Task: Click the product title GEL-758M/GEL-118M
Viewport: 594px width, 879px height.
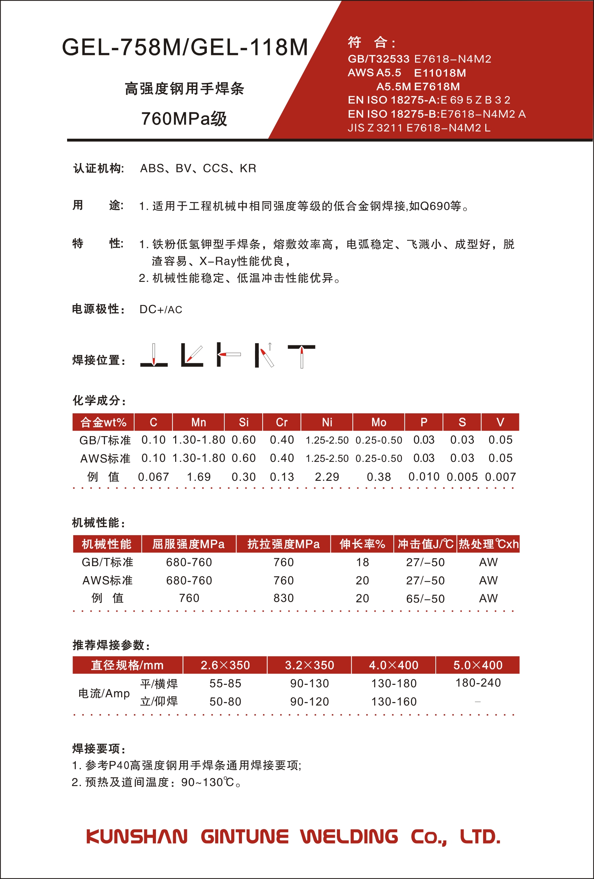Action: pyautogui.click(x=185, y=47)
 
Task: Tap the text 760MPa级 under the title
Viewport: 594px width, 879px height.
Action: pyautogui.click(x=184, y=119)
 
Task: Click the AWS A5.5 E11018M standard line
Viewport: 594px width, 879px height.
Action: pyautogui.click(x=407, y=73)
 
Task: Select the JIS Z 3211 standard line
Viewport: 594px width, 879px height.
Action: pyautogui.click(x=419, y=128)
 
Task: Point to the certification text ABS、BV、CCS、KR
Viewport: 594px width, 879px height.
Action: pyautogui.click(x=198, y=168)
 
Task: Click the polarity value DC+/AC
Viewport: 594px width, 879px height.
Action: pyautogui.click(x=161, y=309)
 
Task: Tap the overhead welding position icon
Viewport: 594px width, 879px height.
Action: pyautogui.click(x=301, y=356)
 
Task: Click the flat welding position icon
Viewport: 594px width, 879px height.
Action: pyautogui.click(x=154, y=356)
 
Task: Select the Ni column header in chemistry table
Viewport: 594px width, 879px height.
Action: pyautogui.click(x=327, y=422)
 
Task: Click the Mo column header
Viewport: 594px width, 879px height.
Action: pyautogui.click(x=379, y=422)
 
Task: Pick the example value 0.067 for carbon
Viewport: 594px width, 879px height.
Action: pyautogui.click(x=153, y=477)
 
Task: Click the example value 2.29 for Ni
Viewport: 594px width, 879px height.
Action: pyautogui.click(x=327, y=477)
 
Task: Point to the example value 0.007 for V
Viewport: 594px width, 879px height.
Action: pyautogui.click(x=500, y=477)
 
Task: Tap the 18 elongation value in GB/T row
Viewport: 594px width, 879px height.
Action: pyautogui.click(x=362, y=562)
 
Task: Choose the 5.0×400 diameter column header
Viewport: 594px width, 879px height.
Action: pyautogui.click(x=478, y=665)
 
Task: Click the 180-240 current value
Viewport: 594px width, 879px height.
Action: pyautogui.click(x=478, y=683)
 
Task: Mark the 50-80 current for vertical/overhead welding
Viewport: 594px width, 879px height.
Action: pyautogui.click(x=225, y=702)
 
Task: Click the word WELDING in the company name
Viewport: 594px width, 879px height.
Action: pyautogui.click(x=349, y=837)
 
